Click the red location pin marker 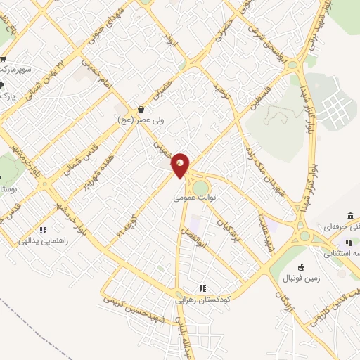[181, 165]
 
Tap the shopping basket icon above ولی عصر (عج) [142, 110]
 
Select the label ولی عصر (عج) [141, 120]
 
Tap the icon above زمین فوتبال [302, 267]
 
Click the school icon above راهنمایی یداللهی [43, 229]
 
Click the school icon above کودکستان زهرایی [202, 288]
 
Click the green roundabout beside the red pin [201, 188]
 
